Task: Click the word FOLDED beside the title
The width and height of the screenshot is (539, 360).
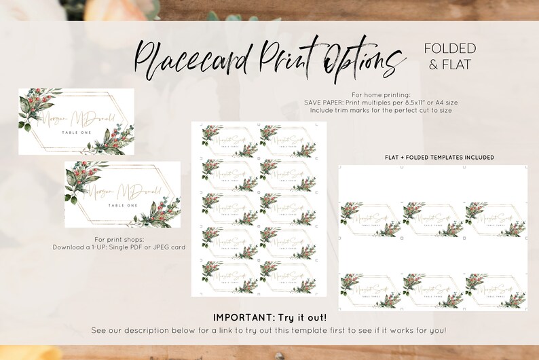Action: pos(450,48)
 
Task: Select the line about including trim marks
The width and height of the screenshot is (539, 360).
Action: pos(382,109)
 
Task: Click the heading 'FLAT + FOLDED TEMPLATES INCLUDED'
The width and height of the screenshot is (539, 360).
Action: pos(439,157)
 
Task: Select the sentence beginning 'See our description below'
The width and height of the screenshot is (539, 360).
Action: pos(269,330)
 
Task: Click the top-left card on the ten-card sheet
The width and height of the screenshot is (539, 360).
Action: pos(226,141)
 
